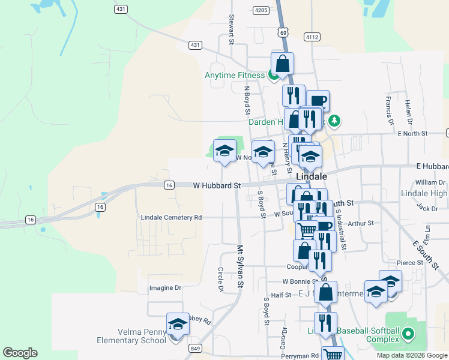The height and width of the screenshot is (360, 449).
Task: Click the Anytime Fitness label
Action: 234,75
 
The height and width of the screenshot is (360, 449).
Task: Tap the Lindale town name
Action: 312,177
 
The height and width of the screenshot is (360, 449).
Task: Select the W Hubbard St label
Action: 217,186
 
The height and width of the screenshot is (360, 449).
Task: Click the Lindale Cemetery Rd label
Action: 171,217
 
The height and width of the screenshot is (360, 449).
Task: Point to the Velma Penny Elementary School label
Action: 131,336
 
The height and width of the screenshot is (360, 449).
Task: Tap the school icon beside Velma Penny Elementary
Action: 178,325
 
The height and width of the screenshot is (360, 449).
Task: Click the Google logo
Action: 20,353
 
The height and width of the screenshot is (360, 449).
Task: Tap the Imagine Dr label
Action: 165,288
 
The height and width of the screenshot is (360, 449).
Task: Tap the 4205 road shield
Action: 261,10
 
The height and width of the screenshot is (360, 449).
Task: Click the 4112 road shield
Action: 312,37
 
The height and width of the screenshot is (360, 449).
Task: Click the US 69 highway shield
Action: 283,32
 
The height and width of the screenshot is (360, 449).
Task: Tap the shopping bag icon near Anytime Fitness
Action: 282,64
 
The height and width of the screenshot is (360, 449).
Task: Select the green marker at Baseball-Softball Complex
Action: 409,333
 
